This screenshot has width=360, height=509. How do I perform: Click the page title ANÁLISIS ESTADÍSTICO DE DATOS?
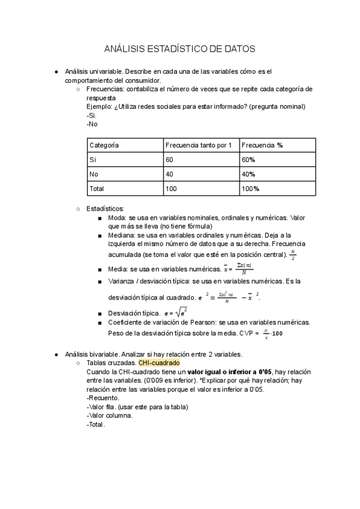click(x=180, y=49)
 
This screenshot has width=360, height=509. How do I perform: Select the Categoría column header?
click(x=104, y=145)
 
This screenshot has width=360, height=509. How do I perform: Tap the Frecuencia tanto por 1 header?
click(x=198, y=145)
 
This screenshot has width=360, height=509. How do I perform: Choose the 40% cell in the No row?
click(x=248, y=174)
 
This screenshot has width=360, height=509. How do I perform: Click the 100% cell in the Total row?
click(x=250, y=188)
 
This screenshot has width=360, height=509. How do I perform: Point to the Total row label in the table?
click(x=97, y=188)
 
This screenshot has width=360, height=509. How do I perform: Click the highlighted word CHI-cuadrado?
click(x=158, y=363)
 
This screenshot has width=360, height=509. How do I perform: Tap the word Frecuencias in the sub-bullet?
click(x=105, y=89)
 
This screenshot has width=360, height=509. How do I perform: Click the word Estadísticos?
click(x=105, y=208)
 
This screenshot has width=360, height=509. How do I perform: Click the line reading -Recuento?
click(x=103, y=398)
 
